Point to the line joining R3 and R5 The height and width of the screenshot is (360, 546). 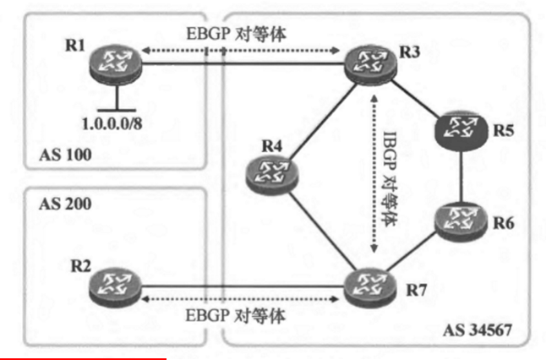pos(414,97)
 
